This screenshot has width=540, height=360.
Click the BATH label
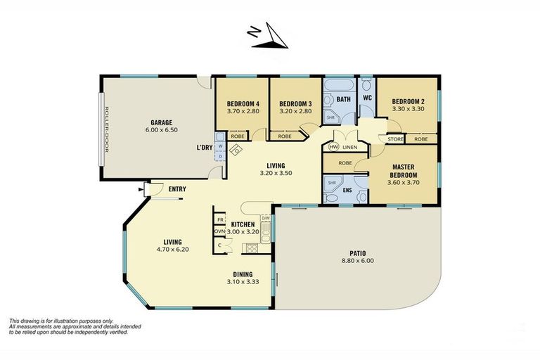[343, 100]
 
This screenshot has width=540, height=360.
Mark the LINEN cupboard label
[350, 148]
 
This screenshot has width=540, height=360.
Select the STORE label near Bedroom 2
[395, 139]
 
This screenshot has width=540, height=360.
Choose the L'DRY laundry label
[204, 148]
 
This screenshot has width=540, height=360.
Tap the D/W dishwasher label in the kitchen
[265, 217]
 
